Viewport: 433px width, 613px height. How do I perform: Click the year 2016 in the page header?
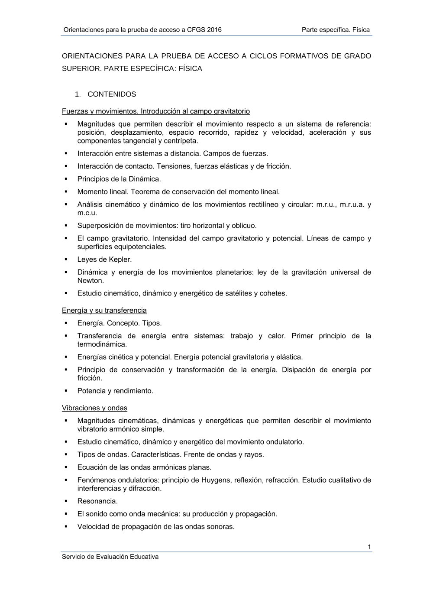(214, 30)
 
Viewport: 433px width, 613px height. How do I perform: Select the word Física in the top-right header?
(361, 30)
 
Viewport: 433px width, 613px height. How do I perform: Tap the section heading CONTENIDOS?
(112, 94)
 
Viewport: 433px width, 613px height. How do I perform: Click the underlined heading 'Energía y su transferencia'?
(104, 310)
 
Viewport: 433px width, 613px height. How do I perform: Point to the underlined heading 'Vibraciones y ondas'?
(94, 408)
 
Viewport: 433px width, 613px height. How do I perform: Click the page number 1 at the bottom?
(369, 547)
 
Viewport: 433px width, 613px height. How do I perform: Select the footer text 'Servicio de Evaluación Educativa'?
(110, 557)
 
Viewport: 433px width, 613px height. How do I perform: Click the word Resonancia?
(97, 501)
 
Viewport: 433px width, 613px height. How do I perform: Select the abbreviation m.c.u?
(87, 213)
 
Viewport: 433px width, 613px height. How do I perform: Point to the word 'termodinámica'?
(102, 344)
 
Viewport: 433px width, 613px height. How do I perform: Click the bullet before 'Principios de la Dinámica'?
(66, 178)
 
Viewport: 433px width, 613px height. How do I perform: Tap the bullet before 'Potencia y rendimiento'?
(66, 391)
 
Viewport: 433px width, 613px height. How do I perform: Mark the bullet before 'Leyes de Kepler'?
(66, 259)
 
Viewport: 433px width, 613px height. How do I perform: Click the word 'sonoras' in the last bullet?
(222, 527)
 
